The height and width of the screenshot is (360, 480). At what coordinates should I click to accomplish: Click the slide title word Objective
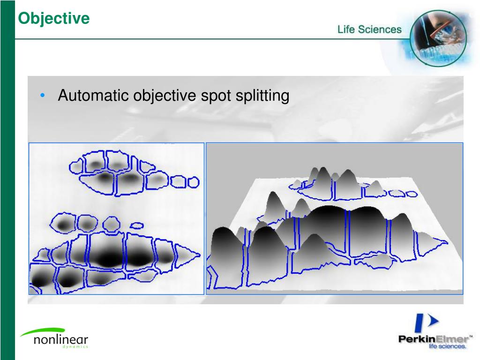(53, 18)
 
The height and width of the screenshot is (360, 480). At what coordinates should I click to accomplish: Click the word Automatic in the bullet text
(93, 96)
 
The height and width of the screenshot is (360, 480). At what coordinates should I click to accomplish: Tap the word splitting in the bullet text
(262, 96)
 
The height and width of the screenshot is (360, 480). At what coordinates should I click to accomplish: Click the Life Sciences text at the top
(369, 30)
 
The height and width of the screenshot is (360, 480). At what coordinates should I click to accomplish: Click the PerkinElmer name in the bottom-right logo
(433, 339)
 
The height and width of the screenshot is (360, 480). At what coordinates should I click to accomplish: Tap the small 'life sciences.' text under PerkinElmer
(447, 347)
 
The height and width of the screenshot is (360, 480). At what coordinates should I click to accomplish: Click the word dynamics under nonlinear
(75, 347)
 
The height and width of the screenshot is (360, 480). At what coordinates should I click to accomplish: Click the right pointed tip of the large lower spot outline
(199, 256)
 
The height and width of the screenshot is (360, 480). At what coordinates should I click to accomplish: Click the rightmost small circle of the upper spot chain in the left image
(192, 182)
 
